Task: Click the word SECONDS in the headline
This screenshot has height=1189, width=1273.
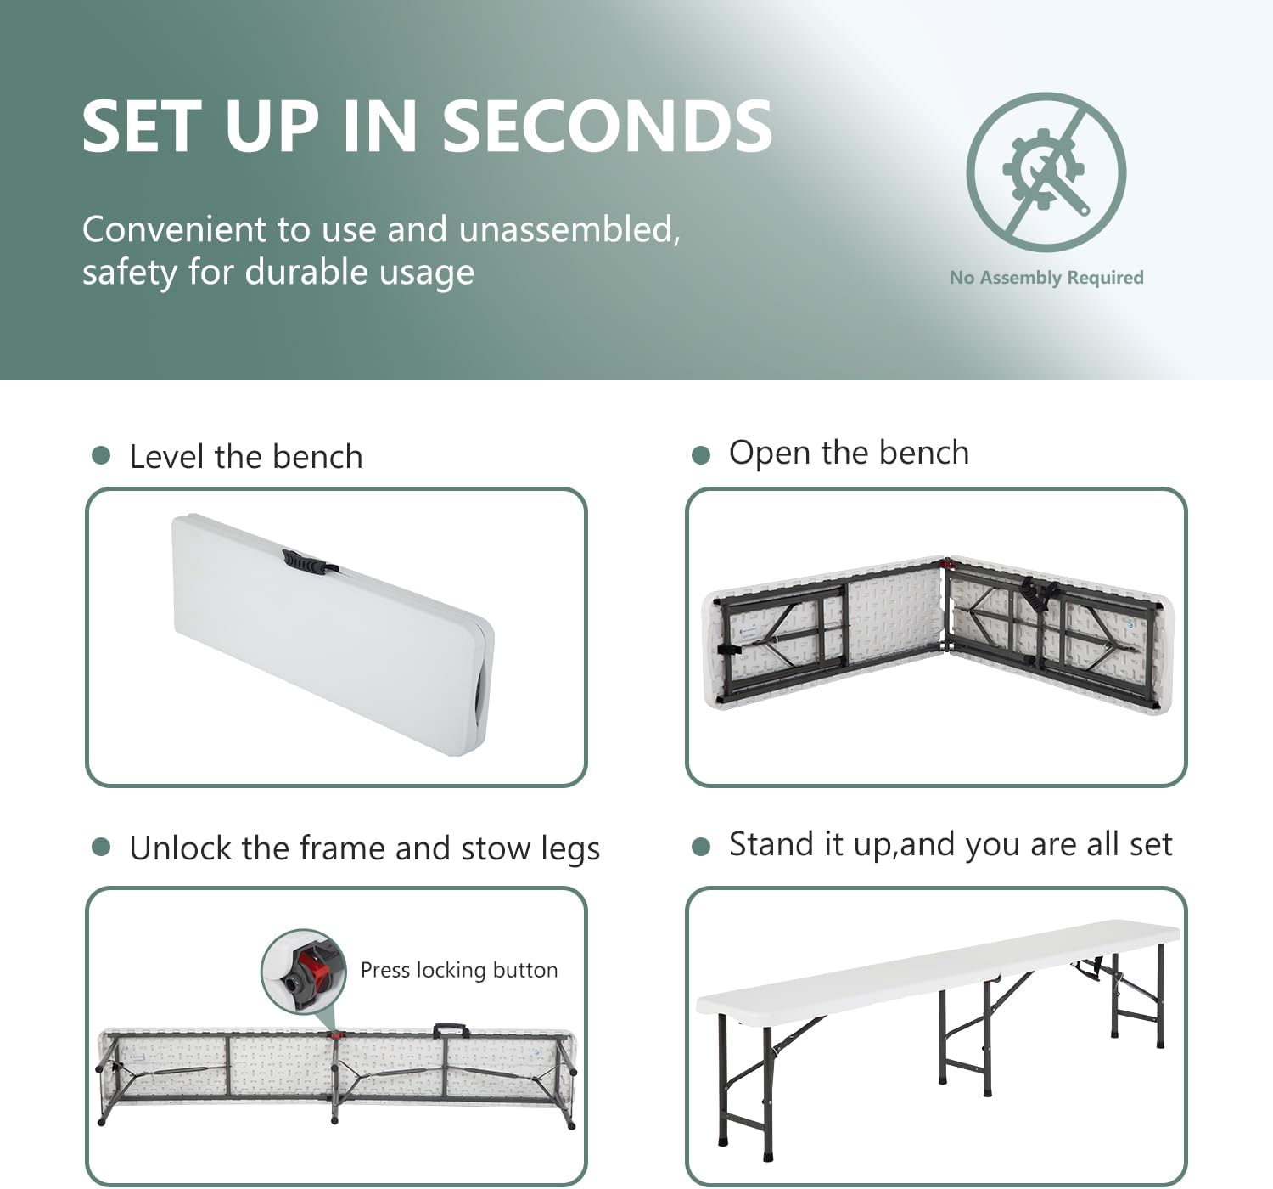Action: (x=607, y=127)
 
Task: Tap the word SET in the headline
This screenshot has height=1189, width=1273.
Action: (x=137, y=127)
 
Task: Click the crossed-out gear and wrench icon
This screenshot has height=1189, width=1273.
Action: (x=1046, y=172)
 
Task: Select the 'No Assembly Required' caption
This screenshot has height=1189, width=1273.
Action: (x=1046, y=277)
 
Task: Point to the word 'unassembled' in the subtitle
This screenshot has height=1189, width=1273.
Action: (x=569, y=229)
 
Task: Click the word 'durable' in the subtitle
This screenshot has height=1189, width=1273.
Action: (x=306, y=272)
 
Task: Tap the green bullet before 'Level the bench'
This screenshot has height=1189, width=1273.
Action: (x=101, y=455)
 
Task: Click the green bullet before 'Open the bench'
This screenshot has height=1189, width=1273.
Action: (x=701, y=455)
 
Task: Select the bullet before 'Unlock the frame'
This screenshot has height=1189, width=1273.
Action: (x=101, y=847)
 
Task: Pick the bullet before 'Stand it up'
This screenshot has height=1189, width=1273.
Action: (x=701, y=847)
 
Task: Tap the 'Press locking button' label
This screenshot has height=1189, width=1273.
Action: (x=459, y=970)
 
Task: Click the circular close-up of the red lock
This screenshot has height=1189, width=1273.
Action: (x=304, y=972)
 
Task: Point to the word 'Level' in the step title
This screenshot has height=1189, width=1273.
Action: (x=168, y=457)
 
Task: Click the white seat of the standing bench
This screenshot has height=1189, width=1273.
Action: (x=938, y=968)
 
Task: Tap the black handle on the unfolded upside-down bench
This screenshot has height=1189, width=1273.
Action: (x=451, y=1030)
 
